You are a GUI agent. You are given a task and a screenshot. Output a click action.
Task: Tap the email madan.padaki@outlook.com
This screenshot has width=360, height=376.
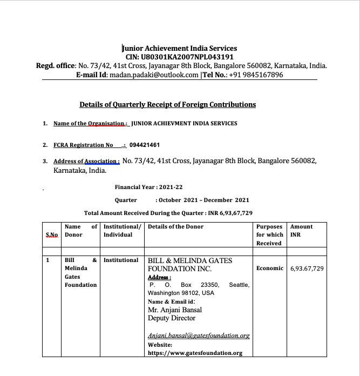(154, 75)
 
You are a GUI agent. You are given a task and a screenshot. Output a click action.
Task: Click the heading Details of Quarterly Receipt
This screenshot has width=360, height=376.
(168, 104)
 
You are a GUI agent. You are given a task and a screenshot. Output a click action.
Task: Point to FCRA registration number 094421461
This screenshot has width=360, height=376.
(145, 145)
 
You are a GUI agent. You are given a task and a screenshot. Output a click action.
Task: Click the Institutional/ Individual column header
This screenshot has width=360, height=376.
(122, 231)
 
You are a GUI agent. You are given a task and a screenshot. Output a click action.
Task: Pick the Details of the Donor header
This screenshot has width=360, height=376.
(175, 227)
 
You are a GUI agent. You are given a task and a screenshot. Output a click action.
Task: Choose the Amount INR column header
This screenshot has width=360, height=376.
(301, 231)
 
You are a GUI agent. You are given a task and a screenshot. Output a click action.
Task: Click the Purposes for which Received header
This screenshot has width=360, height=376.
(269, 235)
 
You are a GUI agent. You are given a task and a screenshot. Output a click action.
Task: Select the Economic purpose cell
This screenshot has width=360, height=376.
(270, 268)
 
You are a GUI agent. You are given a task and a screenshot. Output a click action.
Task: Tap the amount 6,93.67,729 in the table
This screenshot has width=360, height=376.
(307, 268)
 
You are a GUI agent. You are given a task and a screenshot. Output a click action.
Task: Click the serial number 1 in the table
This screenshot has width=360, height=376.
(47, 260)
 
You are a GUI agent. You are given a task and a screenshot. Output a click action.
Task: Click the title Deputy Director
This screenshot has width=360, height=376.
(172, 318)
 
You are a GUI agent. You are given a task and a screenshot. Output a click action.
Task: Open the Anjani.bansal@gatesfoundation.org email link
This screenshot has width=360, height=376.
(199, 335)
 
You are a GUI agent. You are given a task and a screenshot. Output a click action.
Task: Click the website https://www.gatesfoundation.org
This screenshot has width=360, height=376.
(195, 353)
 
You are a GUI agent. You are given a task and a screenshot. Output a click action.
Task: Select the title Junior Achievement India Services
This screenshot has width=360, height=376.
(180, 48)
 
